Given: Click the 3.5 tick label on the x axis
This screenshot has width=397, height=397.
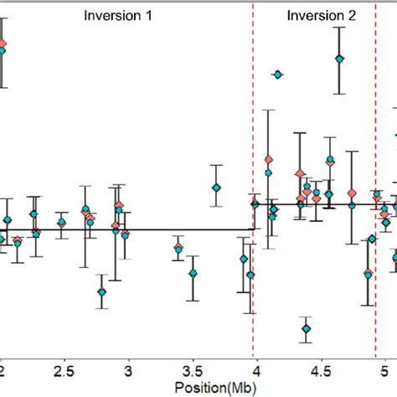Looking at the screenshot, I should coord(192,370).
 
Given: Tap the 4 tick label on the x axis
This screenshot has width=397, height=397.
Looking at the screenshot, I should coord(256,370).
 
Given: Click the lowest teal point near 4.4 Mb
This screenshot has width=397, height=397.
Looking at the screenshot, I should coord(307,329).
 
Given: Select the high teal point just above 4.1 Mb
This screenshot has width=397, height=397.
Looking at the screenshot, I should coord(277,75).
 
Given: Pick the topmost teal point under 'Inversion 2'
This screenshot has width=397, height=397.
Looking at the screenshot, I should coord(339,59).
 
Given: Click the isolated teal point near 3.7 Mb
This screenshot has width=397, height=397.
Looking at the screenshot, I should coord(216,188).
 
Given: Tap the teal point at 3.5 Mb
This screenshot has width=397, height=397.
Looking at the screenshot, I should coord(193,273).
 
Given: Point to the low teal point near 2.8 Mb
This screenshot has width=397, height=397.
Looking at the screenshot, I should coord(102,291).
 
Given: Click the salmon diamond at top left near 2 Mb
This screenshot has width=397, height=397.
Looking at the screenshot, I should coord(3,44).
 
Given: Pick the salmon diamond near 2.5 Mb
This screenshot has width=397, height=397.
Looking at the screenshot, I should coord(61,222).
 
